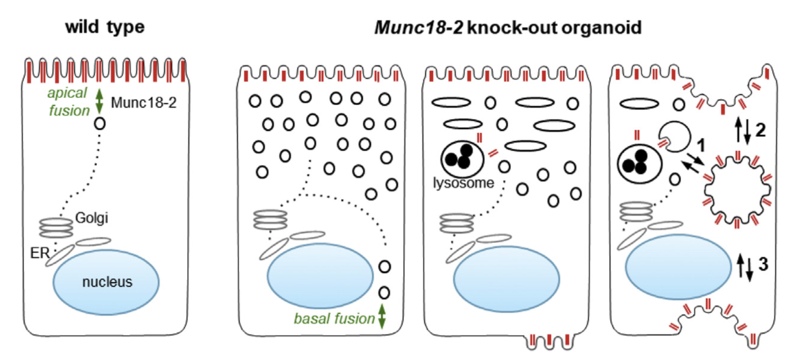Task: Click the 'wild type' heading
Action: pos(105,27)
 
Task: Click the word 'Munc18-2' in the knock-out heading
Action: pos(418,28)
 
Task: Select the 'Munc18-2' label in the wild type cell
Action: pos(143,103)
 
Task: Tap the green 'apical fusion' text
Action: pos(68,102)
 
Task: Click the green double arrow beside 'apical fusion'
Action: pos(99,101)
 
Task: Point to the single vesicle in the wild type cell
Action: pos(100,124)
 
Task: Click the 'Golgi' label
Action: pos(92,218)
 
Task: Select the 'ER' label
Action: pos(40,253)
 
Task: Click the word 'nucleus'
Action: pos(107,282)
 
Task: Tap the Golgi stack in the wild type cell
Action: pos(56,228)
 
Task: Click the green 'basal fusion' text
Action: pos(334,319)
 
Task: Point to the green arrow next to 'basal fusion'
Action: pos(382,316)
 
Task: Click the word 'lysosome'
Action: pos(463,183)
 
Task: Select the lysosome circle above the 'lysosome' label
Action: pos(462,159)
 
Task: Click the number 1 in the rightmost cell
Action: pos(701,145)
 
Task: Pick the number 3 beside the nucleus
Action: pos(763,264)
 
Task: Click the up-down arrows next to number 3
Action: pos(745,267)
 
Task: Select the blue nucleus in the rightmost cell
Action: pos(678,267)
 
